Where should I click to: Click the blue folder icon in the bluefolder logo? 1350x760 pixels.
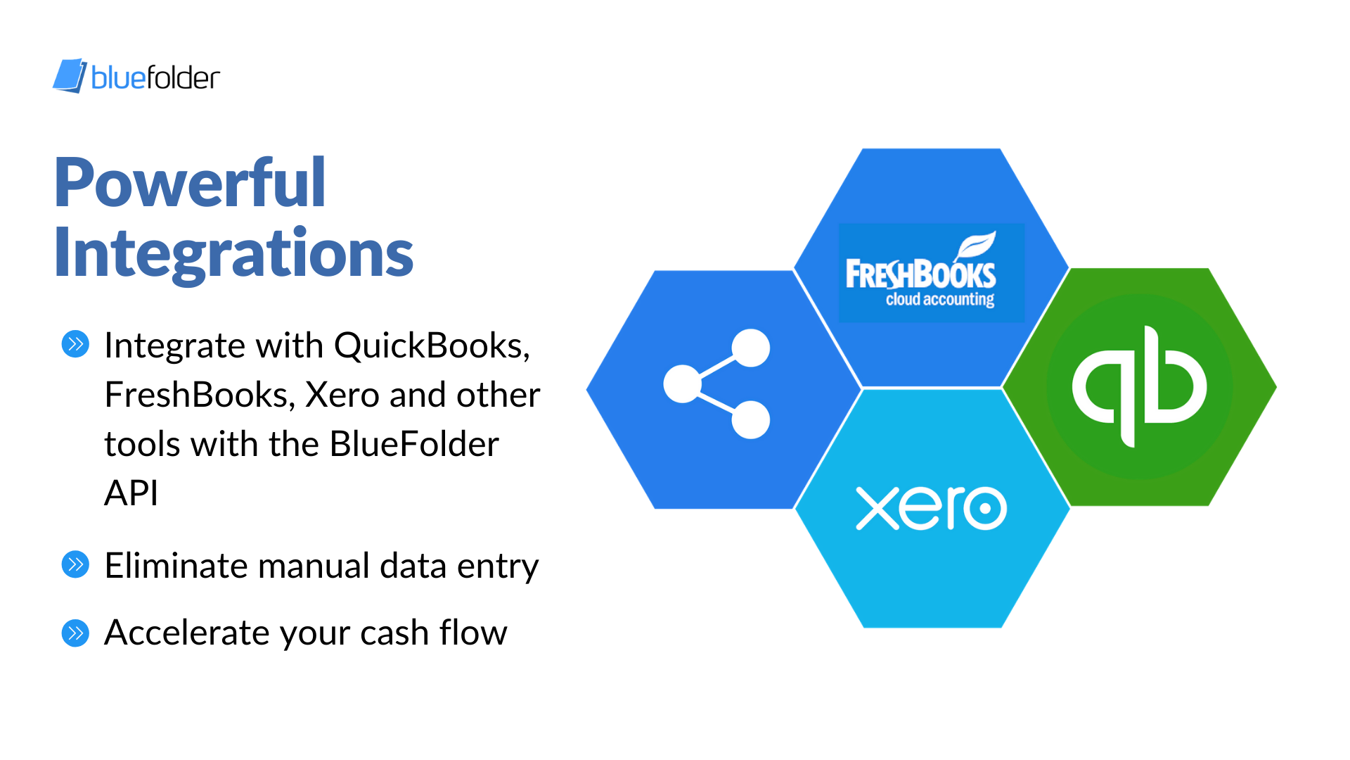pyautogui.click(x=70, y=76)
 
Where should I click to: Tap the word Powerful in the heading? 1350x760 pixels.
pyautogui.click(x=190, y=183)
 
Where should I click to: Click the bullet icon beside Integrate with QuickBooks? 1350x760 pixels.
pyautogui.click(x=75, y=344)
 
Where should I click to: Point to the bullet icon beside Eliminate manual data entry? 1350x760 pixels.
pyautogui.click(x=75, y=564)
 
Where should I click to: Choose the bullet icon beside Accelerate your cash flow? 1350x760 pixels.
pyautogui.click(x=75, y=633)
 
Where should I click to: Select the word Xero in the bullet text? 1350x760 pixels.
pyautogui.click(x=342, y=395)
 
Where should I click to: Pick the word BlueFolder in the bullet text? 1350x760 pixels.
pyautogui.click(x=414, y=444)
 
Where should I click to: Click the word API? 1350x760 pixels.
pyautogui.click(x=131, y=493)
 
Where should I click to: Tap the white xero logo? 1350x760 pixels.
pyautogui.click(x=932, y=507)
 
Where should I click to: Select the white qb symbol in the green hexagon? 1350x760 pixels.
pyautogui.click(x=1139, y=386)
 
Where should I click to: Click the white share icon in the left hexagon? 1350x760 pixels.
pyautogui.click(x=716, y=384)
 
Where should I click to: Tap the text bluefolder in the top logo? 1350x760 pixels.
pyautogui.click(x=155, y=77)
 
